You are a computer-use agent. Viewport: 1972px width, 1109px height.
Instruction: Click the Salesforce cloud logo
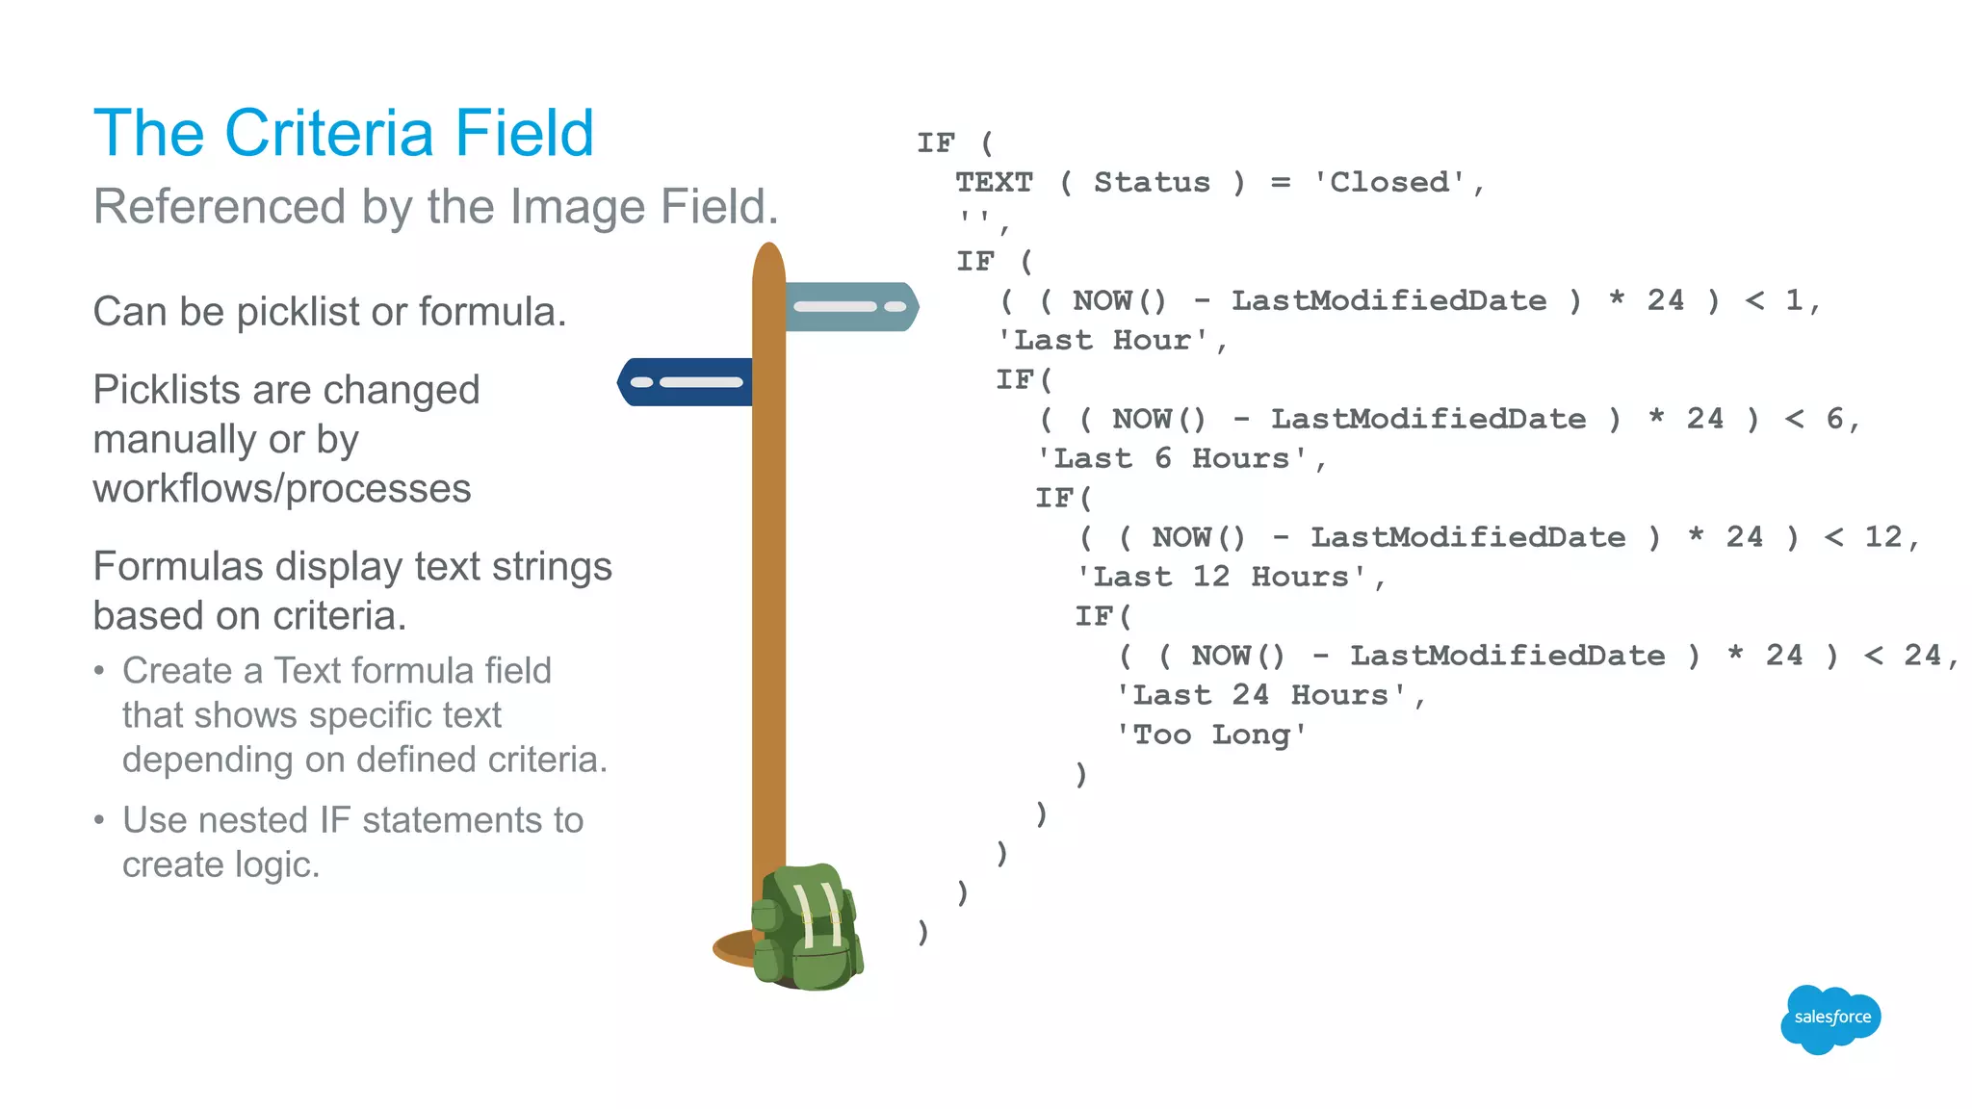(x=1829, y=1018)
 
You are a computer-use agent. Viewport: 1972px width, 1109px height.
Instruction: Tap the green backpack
(x=807, y=929)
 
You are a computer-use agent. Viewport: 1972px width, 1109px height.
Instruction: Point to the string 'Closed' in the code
(x=1389, y=182)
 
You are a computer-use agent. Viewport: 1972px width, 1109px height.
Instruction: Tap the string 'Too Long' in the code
(x=1211, y=735)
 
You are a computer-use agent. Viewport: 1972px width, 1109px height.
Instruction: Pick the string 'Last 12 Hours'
(x=1221, y=577)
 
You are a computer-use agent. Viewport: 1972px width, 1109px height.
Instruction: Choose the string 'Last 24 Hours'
(x=1261, y=695)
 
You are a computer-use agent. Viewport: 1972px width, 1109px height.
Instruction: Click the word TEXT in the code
(x=994, y=182)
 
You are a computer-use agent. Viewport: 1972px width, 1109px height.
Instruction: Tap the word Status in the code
(x=1152, y=182)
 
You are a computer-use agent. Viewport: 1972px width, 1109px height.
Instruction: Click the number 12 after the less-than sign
(x=1882, y=537)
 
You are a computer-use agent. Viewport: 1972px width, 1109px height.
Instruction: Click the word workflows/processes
(x=282, y=489)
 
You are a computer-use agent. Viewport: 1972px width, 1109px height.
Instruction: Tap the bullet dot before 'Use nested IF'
(x=99, y=820)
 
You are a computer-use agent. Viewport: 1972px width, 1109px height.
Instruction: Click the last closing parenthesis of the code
(x=922, y=932)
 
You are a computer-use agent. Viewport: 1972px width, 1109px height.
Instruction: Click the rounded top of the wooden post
(x=768, y=258)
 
